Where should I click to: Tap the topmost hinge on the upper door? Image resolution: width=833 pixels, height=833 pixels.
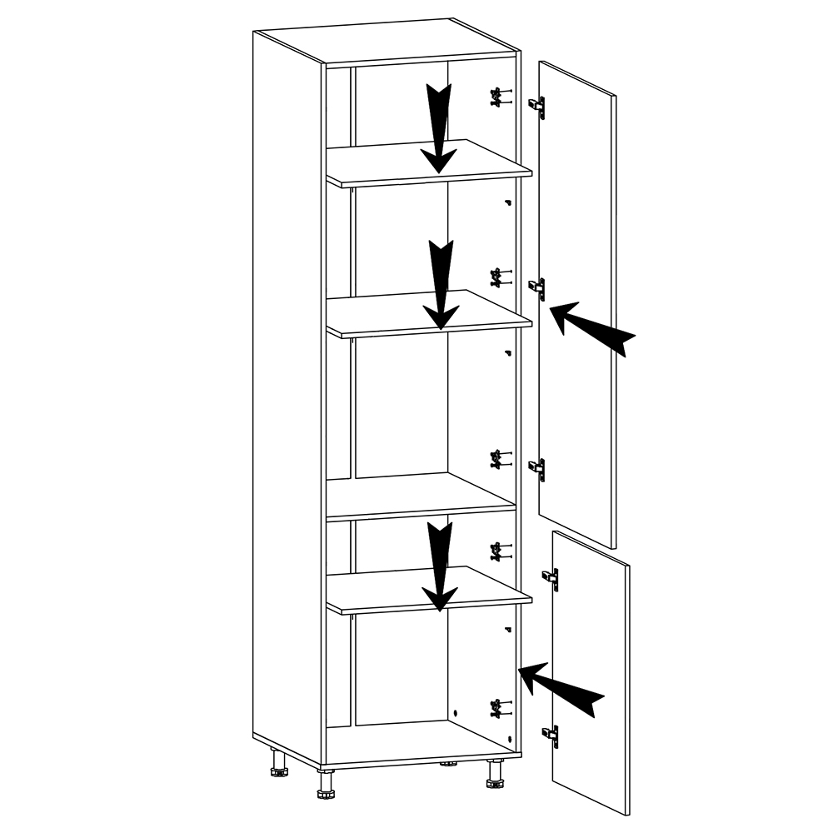tap(537, 107)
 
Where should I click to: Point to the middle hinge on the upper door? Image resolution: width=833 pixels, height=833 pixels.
tap(538, 288)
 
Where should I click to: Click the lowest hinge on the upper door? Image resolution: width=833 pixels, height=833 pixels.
tap(538, 470)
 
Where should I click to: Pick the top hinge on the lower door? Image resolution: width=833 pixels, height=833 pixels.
tap(551, 577)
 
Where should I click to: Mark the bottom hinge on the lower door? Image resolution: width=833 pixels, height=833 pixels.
tap(551, 736)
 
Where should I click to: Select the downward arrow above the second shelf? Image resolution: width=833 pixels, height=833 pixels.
tap(441, 283)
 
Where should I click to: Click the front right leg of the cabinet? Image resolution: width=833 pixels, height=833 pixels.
tap(494, 776)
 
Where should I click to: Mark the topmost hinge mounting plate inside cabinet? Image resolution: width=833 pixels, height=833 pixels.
tap(497, 97)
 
